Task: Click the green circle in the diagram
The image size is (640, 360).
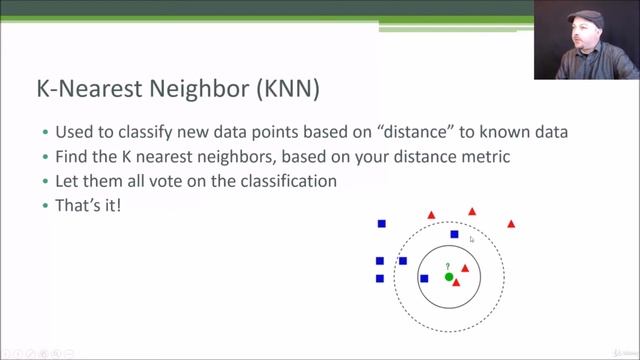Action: pyautogui.click(x=449, y=277)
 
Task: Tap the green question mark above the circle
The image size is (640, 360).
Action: pyautogui.click(x=448, y=266)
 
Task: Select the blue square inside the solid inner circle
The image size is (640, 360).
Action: pyautogui.click(x=424, y=278)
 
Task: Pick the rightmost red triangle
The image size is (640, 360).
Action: pyautogui.click(x=511, y=223)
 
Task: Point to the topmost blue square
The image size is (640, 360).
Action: pyautogui.click(x=381, y=223)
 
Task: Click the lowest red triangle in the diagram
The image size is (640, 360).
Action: pyautogui.click(x=457, y=283)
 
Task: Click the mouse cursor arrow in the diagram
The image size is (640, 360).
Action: pyautogui.click(x=471, y=239)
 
